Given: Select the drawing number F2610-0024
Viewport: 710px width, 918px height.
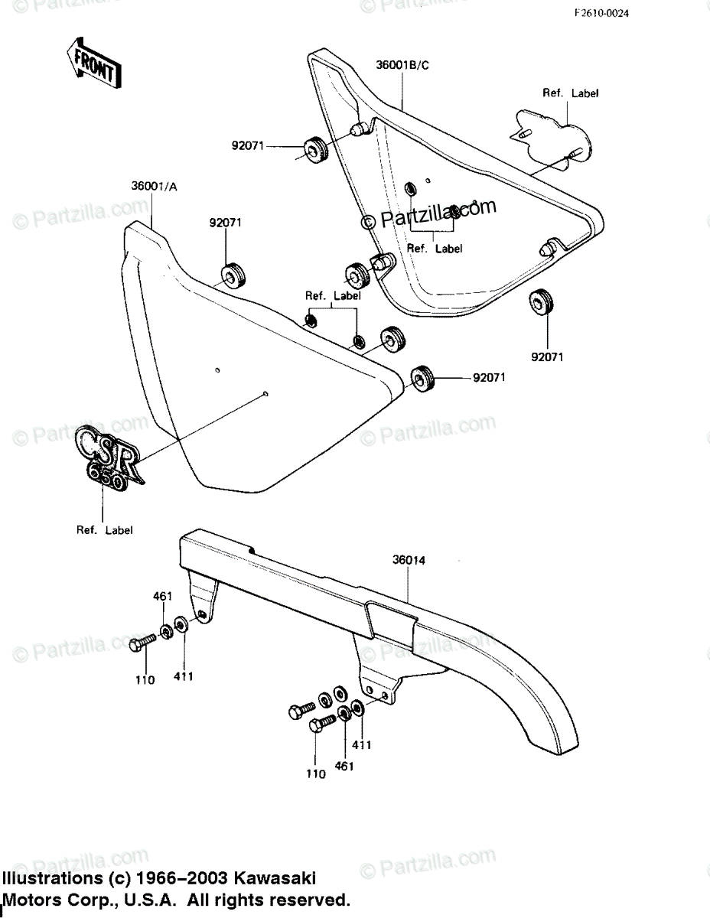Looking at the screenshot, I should click(602, 13).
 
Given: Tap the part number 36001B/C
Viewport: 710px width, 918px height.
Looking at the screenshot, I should click(402, 65).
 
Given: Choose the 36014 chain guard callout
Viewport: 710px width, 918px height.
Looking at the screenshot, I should click(409, 560).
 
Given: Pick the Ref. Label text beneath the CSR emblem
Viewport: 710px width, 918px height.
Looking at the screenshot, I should click(104, 530).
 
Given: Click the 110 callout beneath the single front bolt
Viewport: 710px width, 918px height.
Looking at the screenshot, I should click(145, 680).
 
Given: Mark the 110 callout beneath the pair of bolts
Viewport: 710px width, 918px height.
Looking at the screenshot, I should click(316, 773).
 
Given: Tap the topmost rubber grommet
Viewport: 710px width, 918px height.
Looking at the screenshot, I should click(315, 149).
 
